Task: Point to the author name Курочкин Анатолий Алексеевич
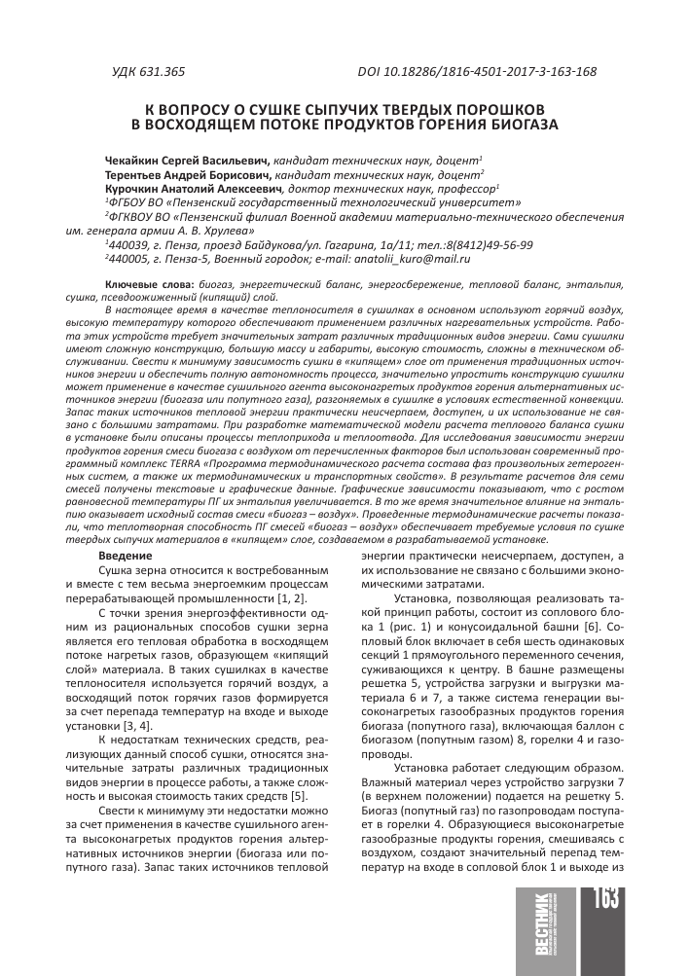tap(191, 190)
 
